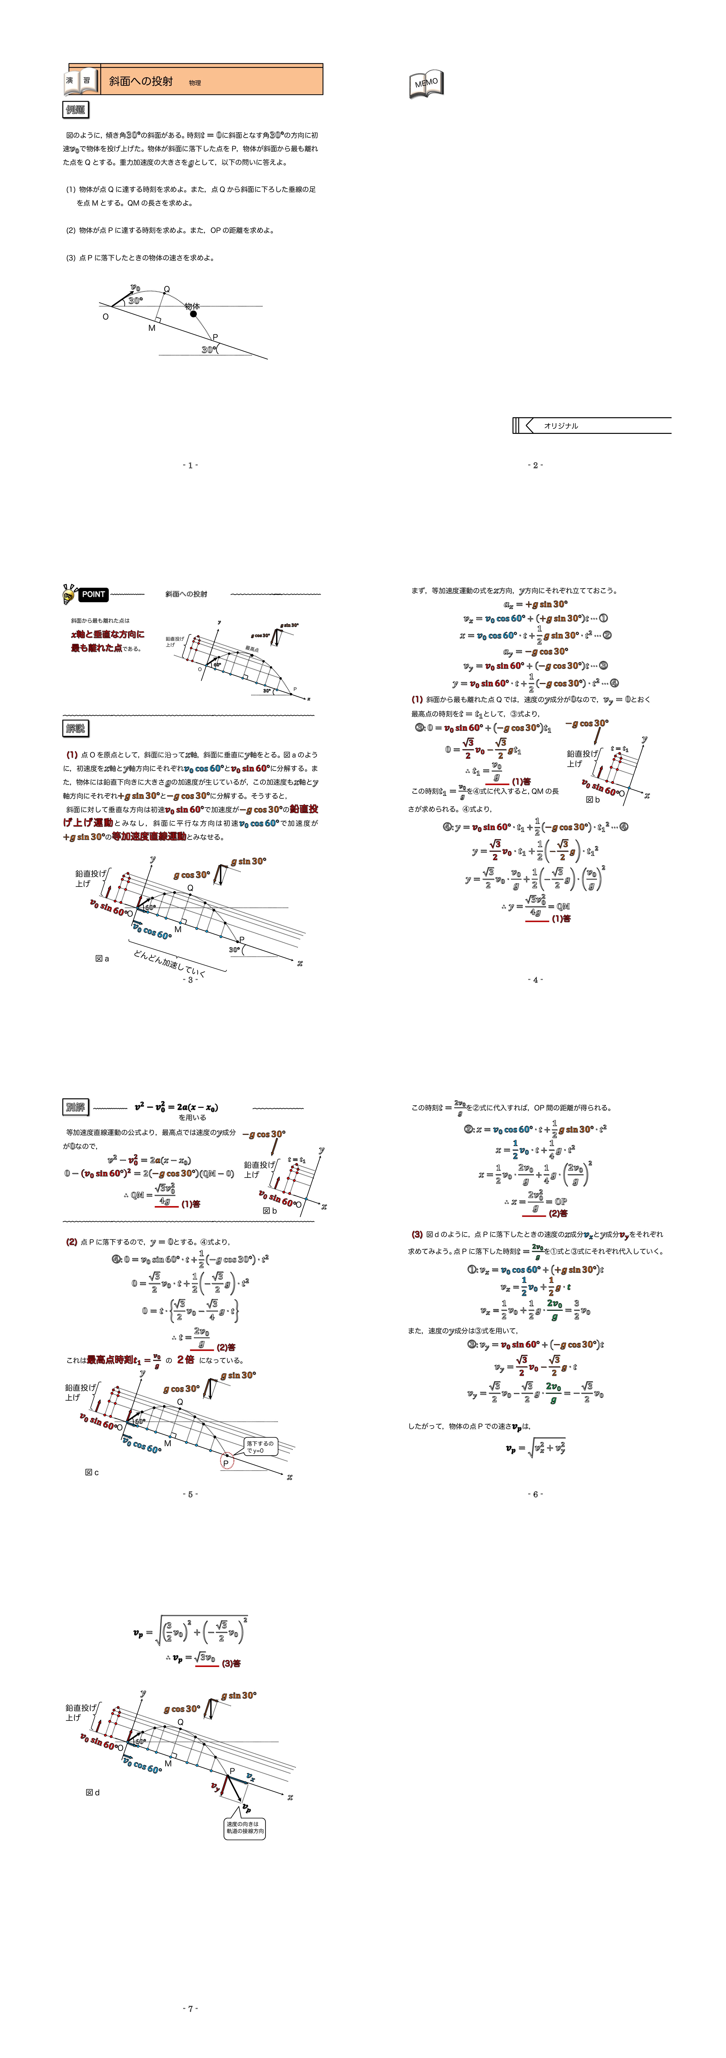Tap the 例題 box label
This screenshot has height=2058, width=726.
[76, 109]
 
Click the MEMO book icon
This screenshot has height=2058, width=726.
[427, 83]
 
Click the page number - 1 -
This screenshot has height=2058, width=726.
[190, 465]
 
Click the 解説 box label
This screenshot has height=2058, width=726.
[76, 729]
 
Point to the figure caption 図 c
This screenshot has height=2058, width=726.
[92, 1472]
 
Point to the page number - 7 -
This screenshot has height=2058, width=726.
[190, 2008]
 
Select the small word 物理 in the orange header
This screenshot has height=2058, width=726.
[195, 83]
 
